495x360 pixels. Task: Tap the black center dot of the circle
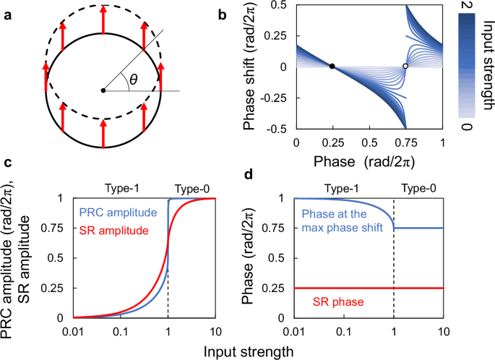coord(104,90)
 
